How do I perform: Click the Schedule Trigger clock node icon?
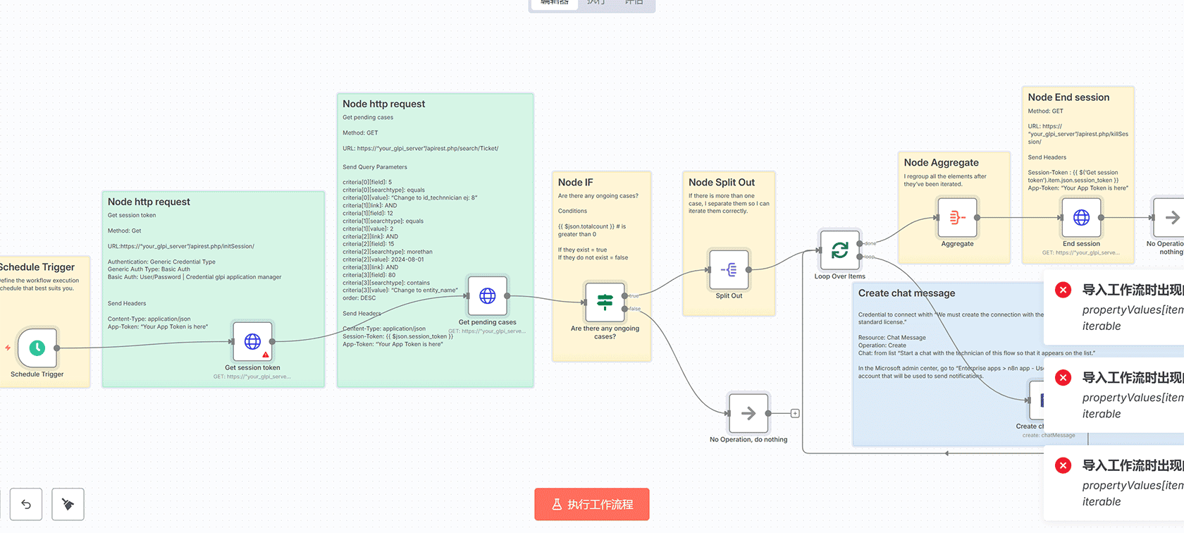[37, 348]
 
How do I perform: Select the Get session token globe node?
[252, 341]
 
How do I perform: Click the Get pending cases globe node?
[487, 296]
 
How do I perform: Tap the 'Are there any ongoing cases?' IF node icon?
[605, 302]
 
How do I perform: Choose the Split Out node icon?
[729, 269]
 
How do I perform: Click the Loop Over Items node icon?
[839, 250]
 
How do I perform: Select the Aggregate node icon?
[957, 218]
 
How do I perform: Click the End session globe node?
[1081, 218]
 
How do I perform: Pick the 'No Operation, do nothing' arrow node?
[748, 413]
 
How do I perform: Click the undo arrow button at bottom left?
[26, 504]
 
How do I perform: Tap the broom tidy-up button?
[68, 504]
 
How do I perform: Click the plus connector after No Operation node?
[795, 414]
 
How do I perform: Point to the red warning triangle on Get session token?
[266, 355]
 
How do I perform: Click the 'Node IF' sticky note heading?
[576, 183]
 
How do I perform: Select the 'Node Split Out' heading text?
[721, 183]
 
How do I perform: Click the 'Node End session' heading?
[1068, 97]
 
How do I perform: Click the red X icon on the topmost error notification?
[1063, 290]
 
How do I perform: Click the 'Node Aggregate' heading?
[941, 163]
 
